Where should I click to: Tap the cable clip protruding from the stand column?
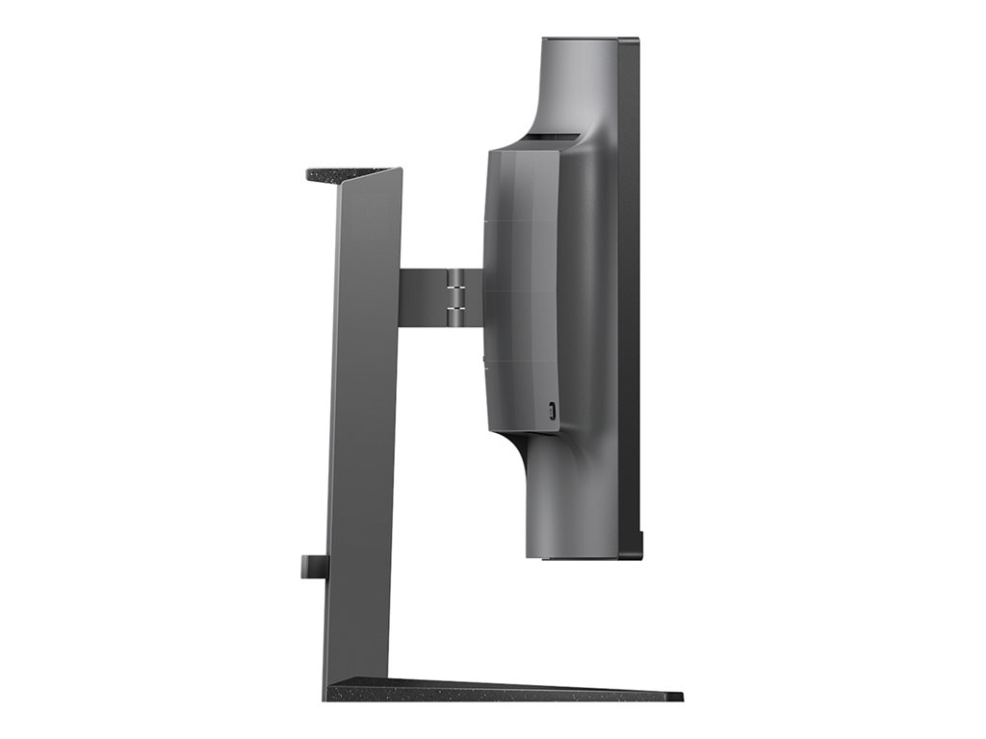click(x=313, y=566)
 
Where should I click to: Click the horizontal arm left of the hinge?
click(x=423, y=297)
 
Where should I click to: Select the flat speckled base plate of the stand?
click(x=501, y=690)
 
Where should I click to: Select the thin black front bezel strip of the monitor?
click(x=629, y=289)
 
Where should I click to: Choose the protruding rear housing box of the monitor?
click(x=520, y=289)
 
